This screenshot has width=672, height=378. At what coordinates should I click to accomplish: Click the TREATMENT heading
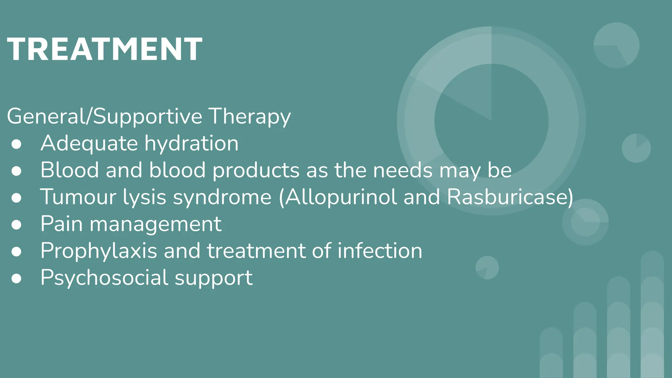[104, 49]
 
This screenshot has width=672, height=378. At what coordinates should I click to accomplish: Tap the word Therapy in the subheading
[250, 116]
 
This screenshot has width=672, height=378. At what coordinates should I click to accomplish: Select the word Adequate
[89, 143]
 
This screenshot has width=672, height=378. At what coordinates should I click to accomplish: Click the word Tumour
[78, 197]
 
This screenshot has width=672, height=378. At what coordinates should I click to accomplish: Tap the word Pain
[61, 224]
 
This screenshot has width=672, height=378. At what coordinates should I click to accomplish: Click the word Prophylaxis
[99, 251]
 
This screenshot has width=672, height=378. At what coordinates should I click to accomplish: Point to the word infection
[380, 251]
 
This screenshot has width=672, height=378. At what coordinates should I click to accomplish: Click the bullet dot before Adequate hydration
[16, 144]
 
